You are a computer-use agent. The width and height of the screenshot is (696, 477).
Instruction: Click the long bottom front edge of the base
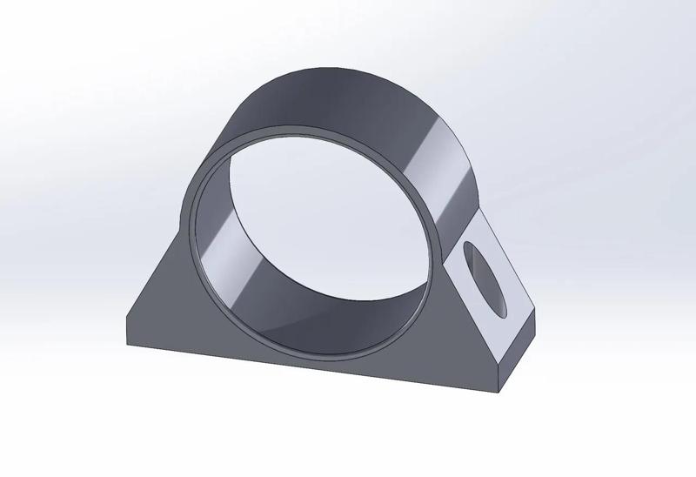click(304, 365)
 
